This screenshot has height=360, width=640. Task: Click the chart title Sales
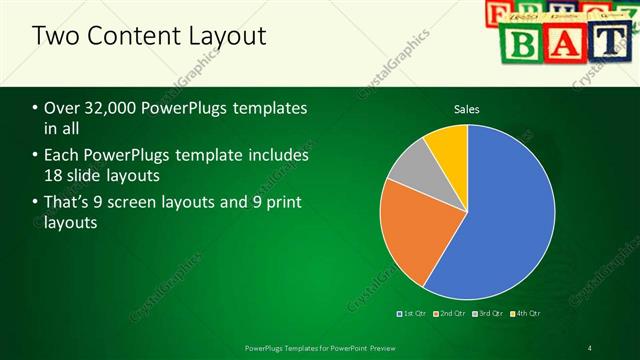tap(468, 109)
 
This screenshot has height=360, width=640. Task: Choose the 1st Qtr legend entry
tap(414, 314)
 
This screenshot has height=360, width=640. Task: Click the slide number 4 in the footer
tap(590, 347)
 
